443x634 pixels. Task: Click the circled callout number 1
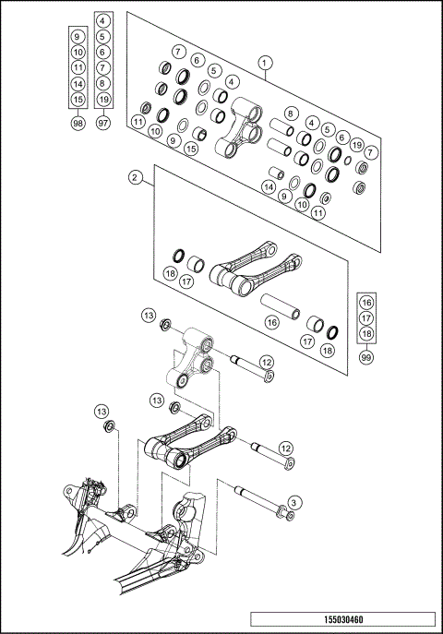(265, 63)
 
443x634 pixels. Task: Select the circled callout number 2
(135, 176)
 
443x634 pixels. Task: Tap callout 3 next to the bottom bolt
(293, 502)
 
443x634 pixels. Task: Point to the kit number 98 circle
(78, 123)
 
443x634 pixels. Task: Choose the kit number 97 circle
(103, 123)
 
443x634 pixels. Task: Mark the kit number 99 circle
(366, 356)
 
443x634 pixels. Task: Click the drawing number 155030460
(341, 621)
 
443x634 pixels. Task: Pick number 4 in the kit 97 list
(103, 20)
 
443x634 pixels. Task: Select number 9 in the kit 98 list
(78, 38)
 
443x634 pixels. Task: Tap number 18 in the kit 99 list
(366, 334)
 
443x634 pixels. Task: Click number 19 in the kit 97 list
(103, 99)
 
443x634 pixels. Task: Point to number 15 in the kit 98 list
(78, 99)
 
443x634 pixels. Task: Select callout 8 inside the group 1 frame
(290, 114)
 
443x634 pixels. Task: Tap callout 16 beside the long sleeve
(271, 322)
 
